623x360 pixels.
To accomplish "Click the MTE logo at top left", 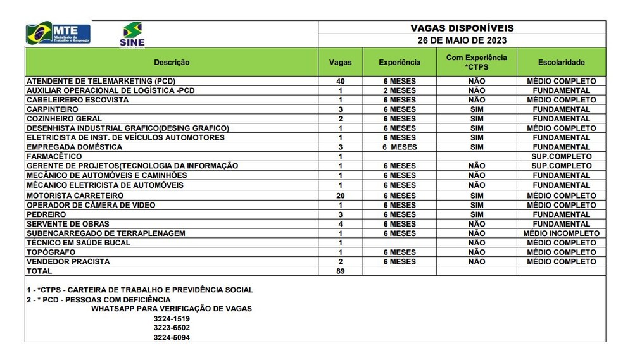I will coord(58,33).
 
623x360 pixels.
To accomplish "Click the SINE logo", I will coord(132,34).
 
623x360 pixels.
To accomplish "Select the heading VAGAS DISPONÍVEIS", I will coord(462,28).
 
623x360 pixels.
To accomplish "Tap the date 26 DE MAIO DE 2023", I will coord(462,40).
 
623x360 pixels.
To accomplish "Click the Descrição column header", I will coord(171,62).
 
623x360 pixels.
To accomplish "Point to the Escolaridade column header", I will coord(561,62).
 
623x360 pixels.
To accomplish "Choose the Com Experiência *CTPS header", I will coord(476,62).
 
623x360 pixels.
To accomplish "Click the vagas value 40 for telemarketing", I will coord(340,81).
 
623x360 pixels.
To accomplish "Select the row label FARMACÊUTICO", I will coord(54,156).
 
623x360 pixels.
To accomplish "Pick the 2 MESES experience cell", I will coord(400,90).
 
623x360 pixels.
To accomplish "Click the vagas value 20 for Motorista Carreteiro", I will coord(340,196).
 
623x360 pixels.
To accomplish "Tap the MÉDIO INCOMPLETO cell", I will coord(561,233).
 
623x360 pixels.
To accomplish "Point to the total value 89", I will coord(340,271).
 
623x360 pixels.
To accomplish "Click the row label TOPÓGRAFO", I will coord(51,252).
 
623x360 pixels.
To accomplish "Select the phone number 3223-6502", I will coord(171,328).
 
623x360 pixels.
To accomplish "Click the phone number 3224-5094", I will coord(171,337).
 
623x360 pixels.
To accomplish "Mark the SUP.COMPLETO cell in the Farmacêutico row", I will coord(561,156).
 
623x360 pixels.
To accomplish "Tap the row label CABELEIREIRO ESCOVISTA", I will coord(77,100).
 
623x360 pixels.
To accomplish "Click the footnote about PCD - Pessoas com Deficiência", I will coord(98,299).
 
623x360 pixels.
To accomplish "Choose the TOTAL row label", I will coord(39,271).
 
